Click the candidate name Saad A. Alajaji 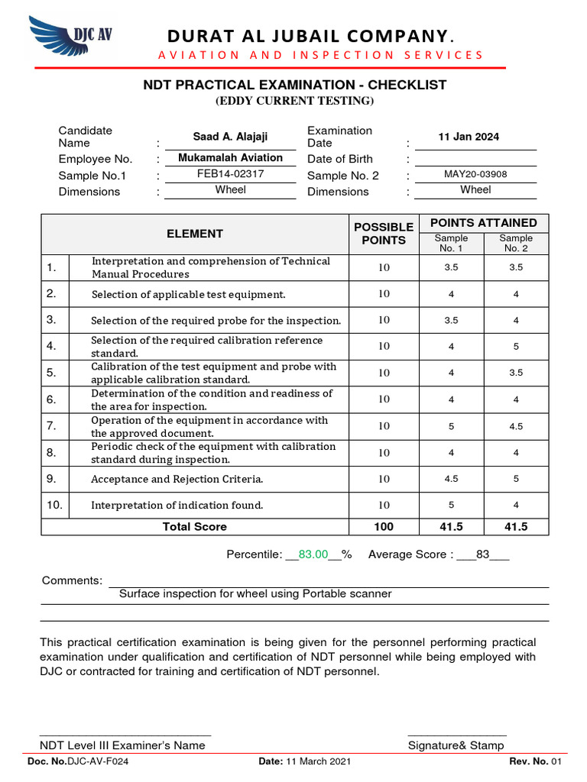[230, 137]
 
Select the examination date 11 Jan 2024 [469, 137]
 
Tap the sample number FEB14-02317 [230, 173]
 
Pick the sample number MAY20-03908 [475, 174]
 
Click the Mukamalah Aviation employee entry [230, 157]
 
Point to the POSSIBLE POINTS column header [383, 234]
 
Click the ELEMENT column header [195, 234]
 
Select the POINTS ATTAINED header [483, 222]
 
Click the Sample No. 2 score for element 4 [516, 346]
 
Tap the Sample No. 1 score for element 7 [451, 426]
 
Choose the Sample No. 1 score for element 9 [451, 479]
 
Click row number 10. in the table [55, 505]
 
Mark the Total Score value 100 [383, 526]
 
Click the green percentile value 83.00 [313, 554]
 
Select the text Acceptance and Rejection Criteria [177, 480]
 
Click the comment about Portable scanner [255, 593]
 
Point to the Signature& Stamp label [456, 745]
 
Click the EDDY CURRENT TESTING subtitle [294, 101]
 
